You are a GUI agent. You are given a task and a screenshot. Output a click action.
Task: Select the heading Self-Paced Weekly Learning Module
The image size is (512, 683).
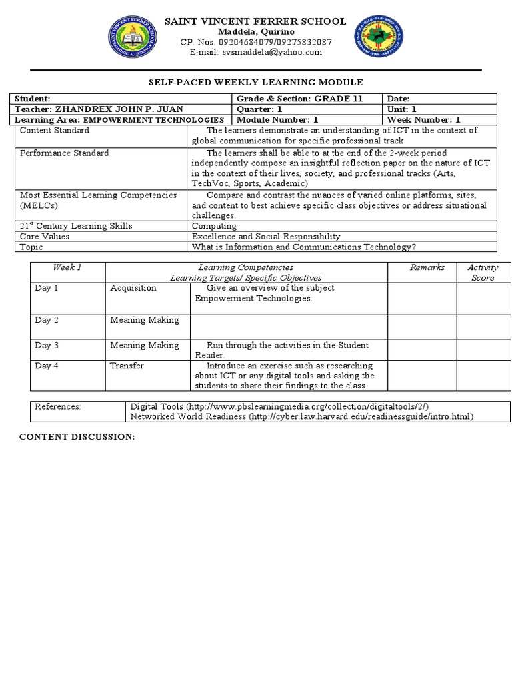point(255,82)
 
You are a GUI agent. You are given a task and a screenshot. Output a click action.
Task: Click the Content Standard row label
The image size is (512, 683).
point(54,131)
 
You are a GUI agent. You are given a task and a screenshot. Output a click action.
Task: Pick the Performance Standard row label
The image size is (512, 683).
point(64,153)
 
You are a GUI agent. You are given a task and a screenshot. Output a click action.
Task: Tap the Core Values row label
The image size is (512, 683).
point(45,236)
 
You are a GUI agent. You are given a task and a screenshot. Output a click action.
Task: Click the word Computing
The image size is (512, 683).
point(211,226)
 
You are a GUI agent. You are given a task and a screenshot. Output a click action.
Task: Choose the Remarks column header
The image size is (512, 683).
point(427,267)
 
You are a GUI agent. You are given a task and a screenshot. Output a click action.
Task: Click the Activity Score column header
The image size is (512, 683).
point(483,272)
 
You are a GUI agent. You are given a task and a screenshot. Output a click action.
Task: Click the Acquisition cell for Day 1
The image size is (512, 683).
point(133,288)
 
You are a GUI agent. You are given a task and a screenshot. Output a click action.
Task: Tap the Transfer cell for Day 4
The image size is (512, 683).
point(127,366)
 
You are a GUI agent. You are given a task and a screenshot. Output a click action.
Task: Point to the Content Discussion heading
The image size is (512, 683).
point(77,436)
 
